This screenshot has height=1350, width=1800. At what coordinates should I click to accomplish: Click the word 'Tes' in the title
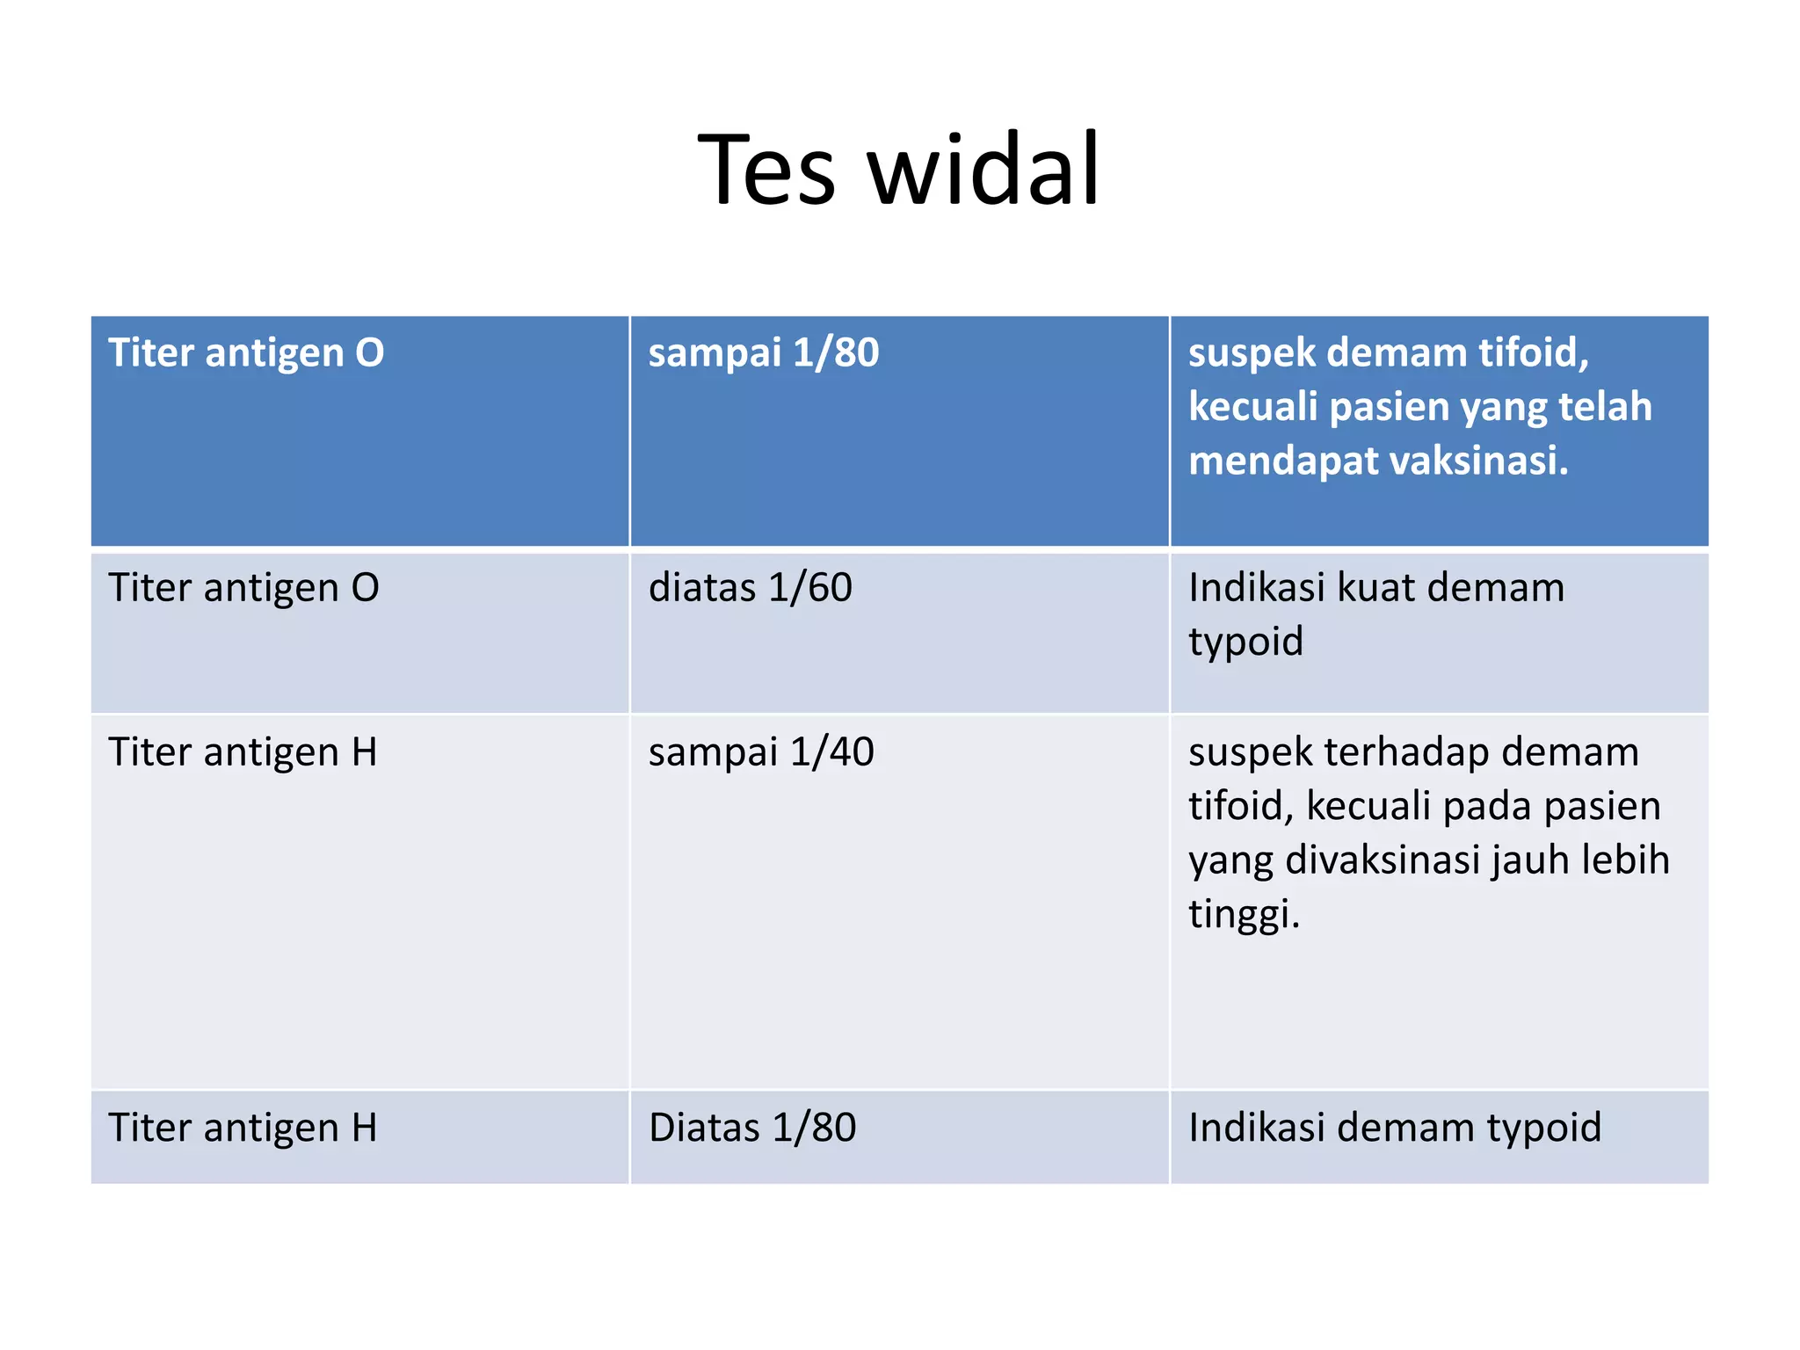766,169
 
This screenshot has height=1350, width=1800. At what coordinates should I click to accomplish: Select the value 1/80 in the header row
835,353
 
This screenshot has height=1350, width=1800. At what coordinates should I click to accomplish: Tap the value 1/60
809,588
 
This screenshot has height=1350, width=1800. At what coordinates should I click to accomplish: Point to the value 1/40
831,752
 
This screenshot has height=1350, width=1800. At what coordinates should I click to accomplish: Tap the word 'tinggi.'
1244,914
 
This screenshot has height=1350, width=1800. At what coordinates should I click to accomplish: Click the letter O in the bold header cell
369,353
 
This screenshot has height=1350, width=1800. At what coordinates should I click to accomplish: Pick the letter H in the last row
364,1128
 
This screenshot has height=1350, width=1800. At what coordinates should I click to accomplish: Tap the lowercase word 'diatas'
701,588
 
